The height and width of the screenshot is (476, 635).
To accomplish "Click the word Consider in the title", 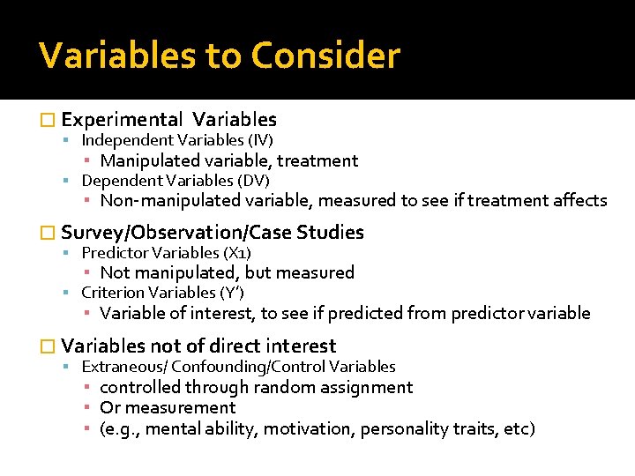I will click(325, 56).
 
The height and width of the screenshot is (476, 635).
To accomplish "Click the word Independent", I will click(127, 140).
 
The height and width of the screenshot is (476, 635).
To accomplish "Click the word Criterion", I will click(112, 293).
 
